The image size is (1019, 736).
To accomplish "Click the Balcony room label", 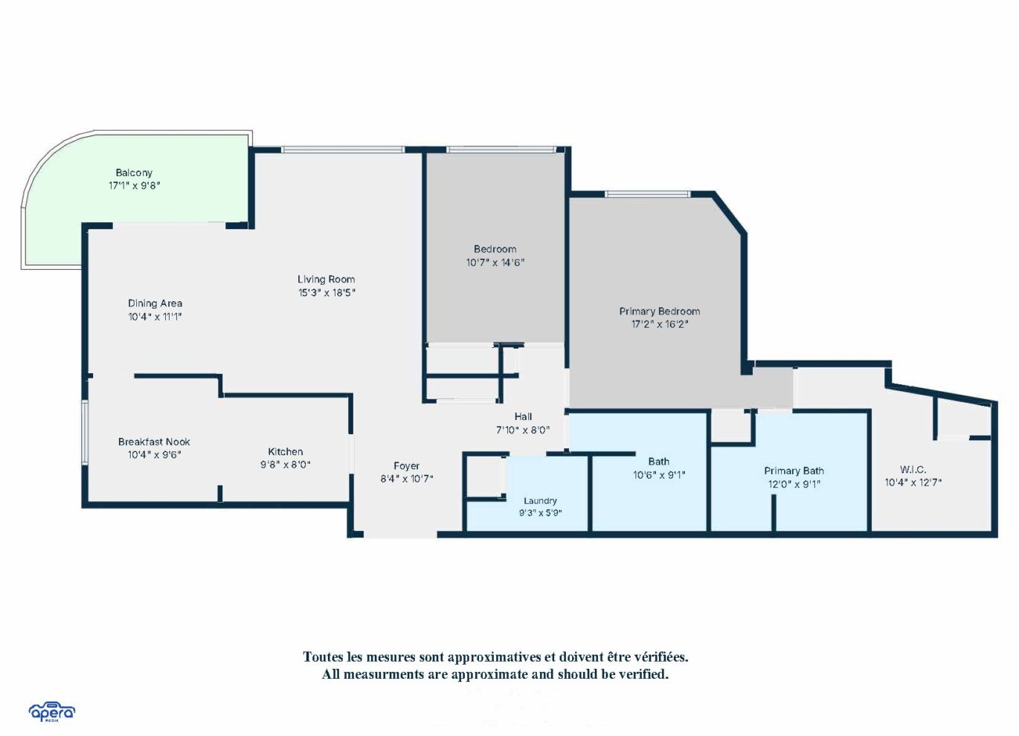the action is (134, 172).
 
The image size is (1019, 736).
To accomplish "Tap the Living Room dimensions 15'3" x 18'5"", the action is (327, 292).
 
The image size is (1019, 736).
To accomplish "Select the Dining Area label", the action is (155, 303).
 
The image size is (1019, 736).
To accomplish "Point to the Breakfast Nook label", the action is (154, 442).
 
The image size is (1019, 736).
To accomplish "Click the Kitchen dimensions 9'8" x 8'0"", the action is (285, 465).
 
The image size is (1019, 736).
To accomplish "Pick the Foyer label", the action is (407, 466).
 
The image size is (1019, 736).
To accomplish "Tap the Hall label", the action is (523, 416).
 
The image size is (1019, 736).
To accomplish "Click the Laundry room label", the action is (541, 500).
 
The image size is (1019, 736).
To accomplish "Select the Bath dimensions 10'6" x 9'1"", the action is (659, 475).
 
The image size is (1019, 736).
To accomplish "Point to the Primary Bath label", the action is (794, 471).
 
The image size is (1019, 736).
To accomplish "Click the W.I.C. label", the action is (913, 470).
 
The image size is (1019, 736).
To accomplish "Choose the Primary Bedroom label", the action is (660, 311).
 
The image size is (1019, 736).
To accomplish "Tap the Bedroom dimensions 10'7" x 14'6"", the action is (495, 262).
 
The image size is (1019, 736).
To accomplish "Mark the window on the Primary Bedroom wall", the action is (647, 194).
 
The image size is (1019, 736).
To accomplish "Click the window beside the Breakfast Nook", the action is (85, 433).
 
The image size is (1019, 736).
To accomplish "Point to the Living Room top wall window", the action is (343, 149).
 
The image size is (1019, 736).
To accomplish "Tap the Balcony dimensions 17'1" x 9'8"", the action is (134, 186).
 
